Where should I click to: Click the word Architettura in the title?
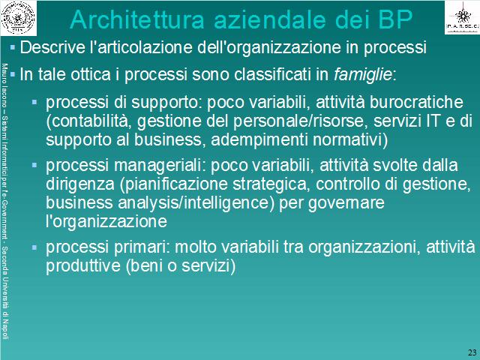[x=136, y=19]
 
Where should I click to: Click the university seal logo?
[x=18, y=17]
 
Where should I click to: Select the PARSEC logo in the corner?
[x=462, y=17]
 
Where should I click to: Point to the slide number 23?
[x=472, y=352]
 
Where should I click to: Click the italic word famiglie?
[x=363, y=74]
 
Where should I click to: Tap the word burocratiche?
[x=416, y=102]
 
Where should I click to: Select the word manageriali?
[x=158, y=166]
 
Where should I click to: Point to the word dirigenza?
[x=80, y=184]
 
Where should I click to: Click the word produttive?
[x=83, y=265]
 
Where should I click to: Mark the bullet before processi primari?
[x=34, y=247]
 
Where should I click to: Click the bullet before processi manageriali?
[x=34, y=165]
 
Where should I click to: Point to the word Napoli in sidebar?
[x=5, y=328]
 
